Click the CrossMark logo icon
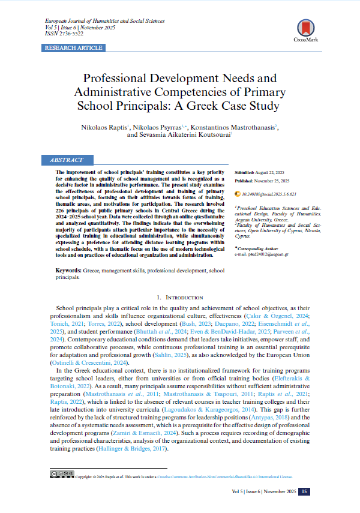point(306,28)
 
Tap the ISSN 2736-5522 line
point(65,34)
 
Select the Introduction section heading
point(180,297)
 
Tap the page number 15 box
point(305,492)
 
